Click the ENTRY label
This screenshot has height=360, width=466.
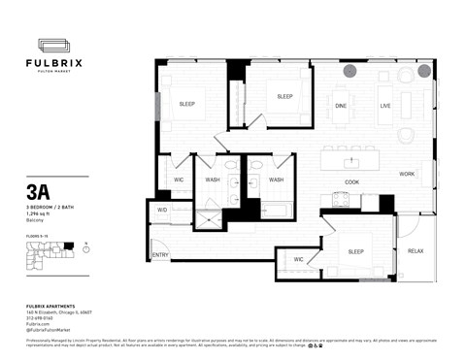[160, 255]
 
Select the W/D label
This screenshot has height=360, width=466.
[162, 209]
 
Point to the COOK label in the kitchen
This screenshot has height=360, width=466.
[351, 181]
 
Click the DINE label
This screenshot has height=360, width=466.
[341, 105]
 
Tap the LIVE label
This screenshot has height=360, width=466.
[385, 105]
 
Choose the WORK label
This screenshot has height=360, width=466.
[407, 174]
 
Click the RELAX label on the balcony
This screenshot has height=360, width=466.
[416, 251]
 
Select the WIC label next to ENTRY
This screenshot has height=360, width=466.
[299, 259]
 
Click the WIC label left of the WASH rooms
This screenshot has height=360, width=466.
[180, 180]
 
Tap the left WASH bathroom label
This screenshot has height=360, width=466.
[214, 180]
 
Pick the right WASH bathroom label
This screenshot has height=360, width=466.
[276, 180]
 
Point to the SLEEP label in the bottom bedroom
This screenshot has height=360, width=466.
[357, 249]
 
